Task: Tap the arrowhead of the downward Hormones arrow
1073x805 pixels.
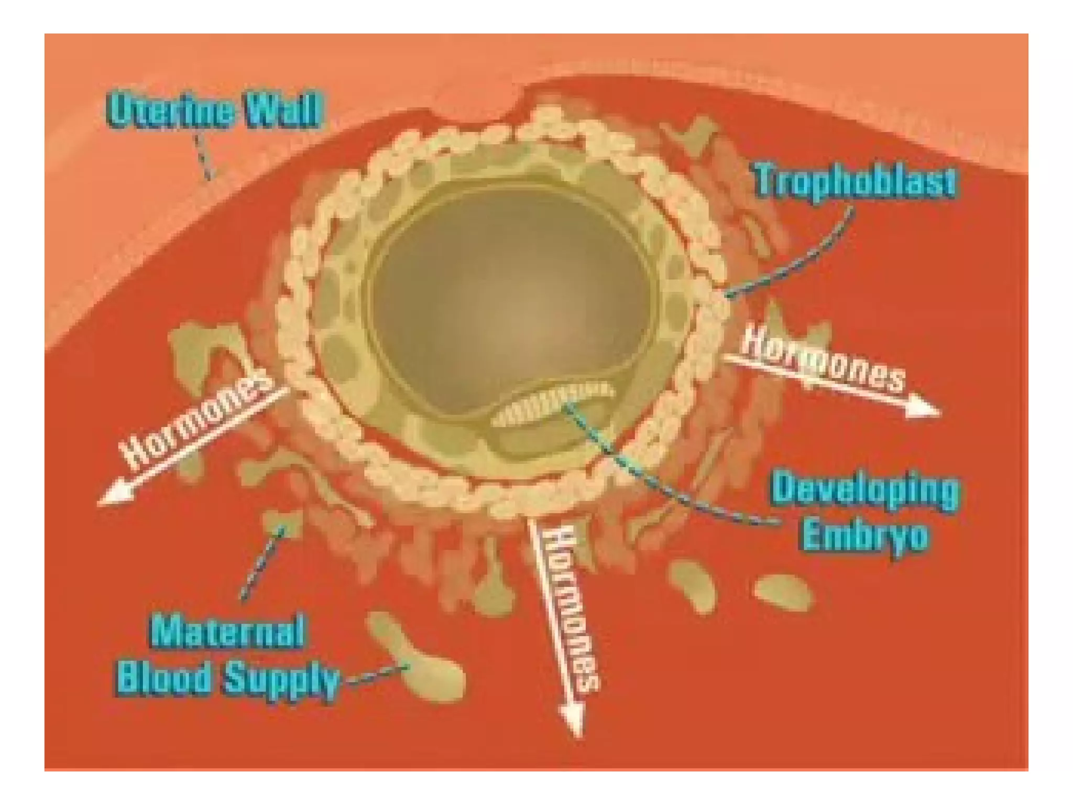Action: coord(573,721)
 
